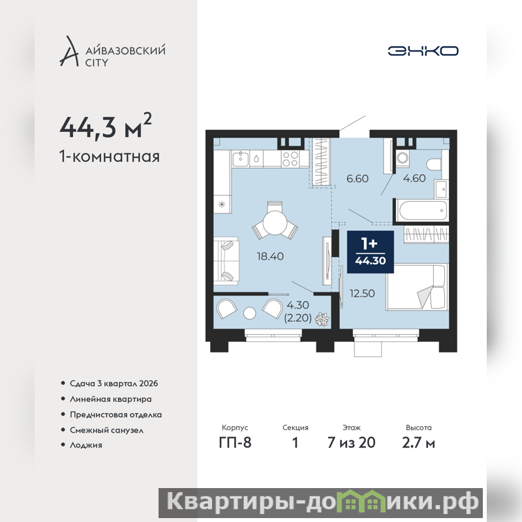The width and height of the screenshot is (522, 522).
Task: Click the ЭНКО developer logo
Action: click(x=423, y=51)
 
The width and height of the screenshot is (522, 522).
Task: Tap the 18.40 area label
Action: click(x=270, y=256)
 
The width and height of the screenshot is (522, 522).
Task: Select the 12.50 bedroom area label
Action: click(x=362, y=293)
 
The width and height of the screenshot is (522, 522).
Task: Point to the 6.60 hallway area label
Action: click(x=358, y=178)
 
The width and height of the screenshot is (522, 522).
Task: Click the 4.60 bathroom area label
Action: click(x=414, y=178)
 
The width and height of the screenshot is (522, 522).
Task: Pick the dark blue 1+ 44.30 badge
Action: click(x=371, y=252)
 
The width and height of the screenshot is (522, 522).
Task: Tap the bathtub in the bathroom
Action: click(x=423, y=209)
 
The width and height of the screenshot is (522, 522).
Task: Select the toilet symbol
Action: click(x=434, y=164)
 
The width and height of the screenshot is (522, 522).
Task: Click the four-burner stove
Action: click(x=290, y=159)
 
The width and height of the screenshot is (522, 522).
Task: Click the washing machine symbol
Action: click(x=403, y=158)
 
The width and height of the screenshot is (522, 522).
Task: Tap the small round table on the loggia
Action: click(x=250, y=313)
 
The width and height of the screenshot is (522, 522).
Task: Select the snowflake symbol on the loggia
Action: click(x=322, y=319)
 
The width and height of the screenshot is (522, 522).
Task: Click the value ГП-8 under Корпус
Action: click(x=235, y=443)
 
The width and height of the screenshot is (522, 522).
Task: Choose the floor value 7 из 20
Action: click(x=352, y=443)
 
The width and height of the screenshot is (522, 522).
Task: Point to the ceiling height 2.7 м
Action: click(x=418, y=443)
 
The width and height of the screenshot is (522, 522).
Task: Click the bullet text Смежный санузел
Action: click(x=106, y=430)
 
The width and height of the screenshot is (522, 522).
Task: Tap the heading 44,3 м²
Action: click(x=106, y=126)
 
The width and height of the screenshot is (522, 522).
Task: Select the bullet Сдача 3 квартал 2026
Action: click(x=114, y=384)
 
